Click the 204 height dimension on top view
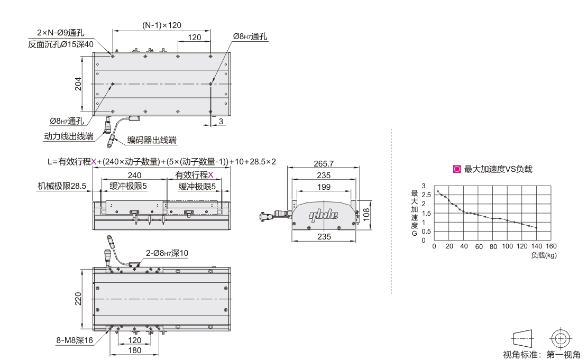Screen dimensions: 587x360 point(78,84)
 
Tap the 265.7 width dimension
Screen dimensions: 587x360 point(324,163)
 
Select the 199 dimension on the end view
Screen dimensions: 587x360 point(324,187)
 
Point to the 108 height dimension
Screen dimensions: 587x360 point(366,214)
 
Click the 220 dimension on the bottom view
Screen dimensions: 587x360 point(78,299)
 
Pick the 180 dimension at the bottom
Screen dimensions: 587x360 point(135,350)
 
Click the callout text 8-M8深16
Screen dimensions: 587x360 point(75,340)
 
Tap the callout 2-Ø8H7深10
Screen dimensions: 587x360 point(167,253)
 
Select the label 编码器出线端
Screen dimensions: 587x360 point(152,140)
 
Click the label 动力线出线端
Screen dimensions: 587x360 point(69,136)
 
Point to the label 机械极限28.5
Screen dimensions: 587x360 point(62,186)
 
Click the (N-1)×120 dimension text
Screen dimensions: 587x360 point(162,25)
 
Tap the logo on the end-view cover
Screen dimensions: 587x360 point(324,215)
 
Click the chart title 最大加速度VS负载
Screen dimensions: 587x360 point(498,169)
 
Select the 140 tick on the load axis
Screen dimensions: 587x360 point(536,246)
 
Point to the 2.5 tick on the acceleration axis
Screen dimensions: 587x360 point(426,195)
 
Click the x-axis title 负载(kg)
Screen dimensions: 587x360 point(544,255)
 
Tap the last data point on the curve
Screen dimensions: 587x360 point(536,227)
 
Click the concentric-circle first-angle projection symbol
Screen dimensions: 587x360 point(560,339)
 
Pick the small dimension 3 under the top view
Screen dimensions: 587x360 point(221,121)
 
